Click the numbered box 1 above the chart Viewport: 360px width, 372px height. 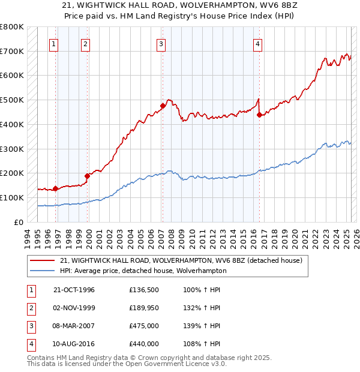[x=54, y=43]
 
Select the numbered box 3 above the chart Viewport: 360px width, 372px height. [x=161, y=43]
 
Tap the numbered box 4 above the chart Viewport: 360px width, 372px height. [x=257, y=43]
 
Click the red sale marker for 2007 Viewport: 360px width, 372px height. [x=163, y=106]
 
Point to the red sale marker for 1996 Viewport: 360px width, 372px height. [x=55, y=188]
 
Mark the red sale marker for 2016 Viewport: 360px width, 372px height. [x=259, y=115]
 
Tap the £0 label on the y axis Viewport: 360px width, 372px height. [x=19, y=222]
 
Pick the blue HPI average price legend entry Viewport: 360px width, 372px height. [x=143, y=271]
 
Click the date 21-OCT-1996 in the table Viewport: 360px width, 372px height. [x=74, y=290]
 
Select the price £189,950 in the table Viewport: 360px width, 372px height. [x=143, y=308]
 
